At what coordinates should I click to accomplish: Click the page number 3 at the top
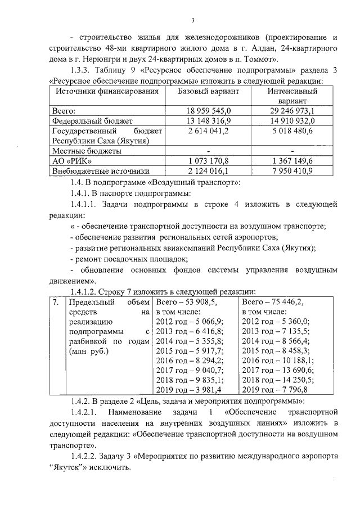coord(192,21)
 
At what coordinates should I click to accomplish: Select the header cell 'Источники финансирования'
coord(101,91)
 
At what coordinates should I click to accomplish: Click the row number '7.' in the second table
coord(56,302)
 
